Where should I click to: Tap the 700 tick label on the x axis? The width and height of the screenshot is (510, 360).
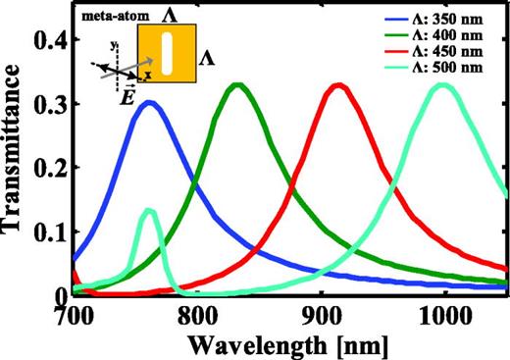click(75, 315)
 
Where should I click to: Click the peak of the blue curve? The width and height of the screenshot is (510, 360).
click(148, 102)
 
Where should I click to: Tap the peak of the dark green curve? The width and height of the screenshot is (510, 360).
click(238, 85)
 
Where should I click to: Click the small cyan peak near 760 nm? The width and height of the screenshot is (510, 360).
click(150, 210)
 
